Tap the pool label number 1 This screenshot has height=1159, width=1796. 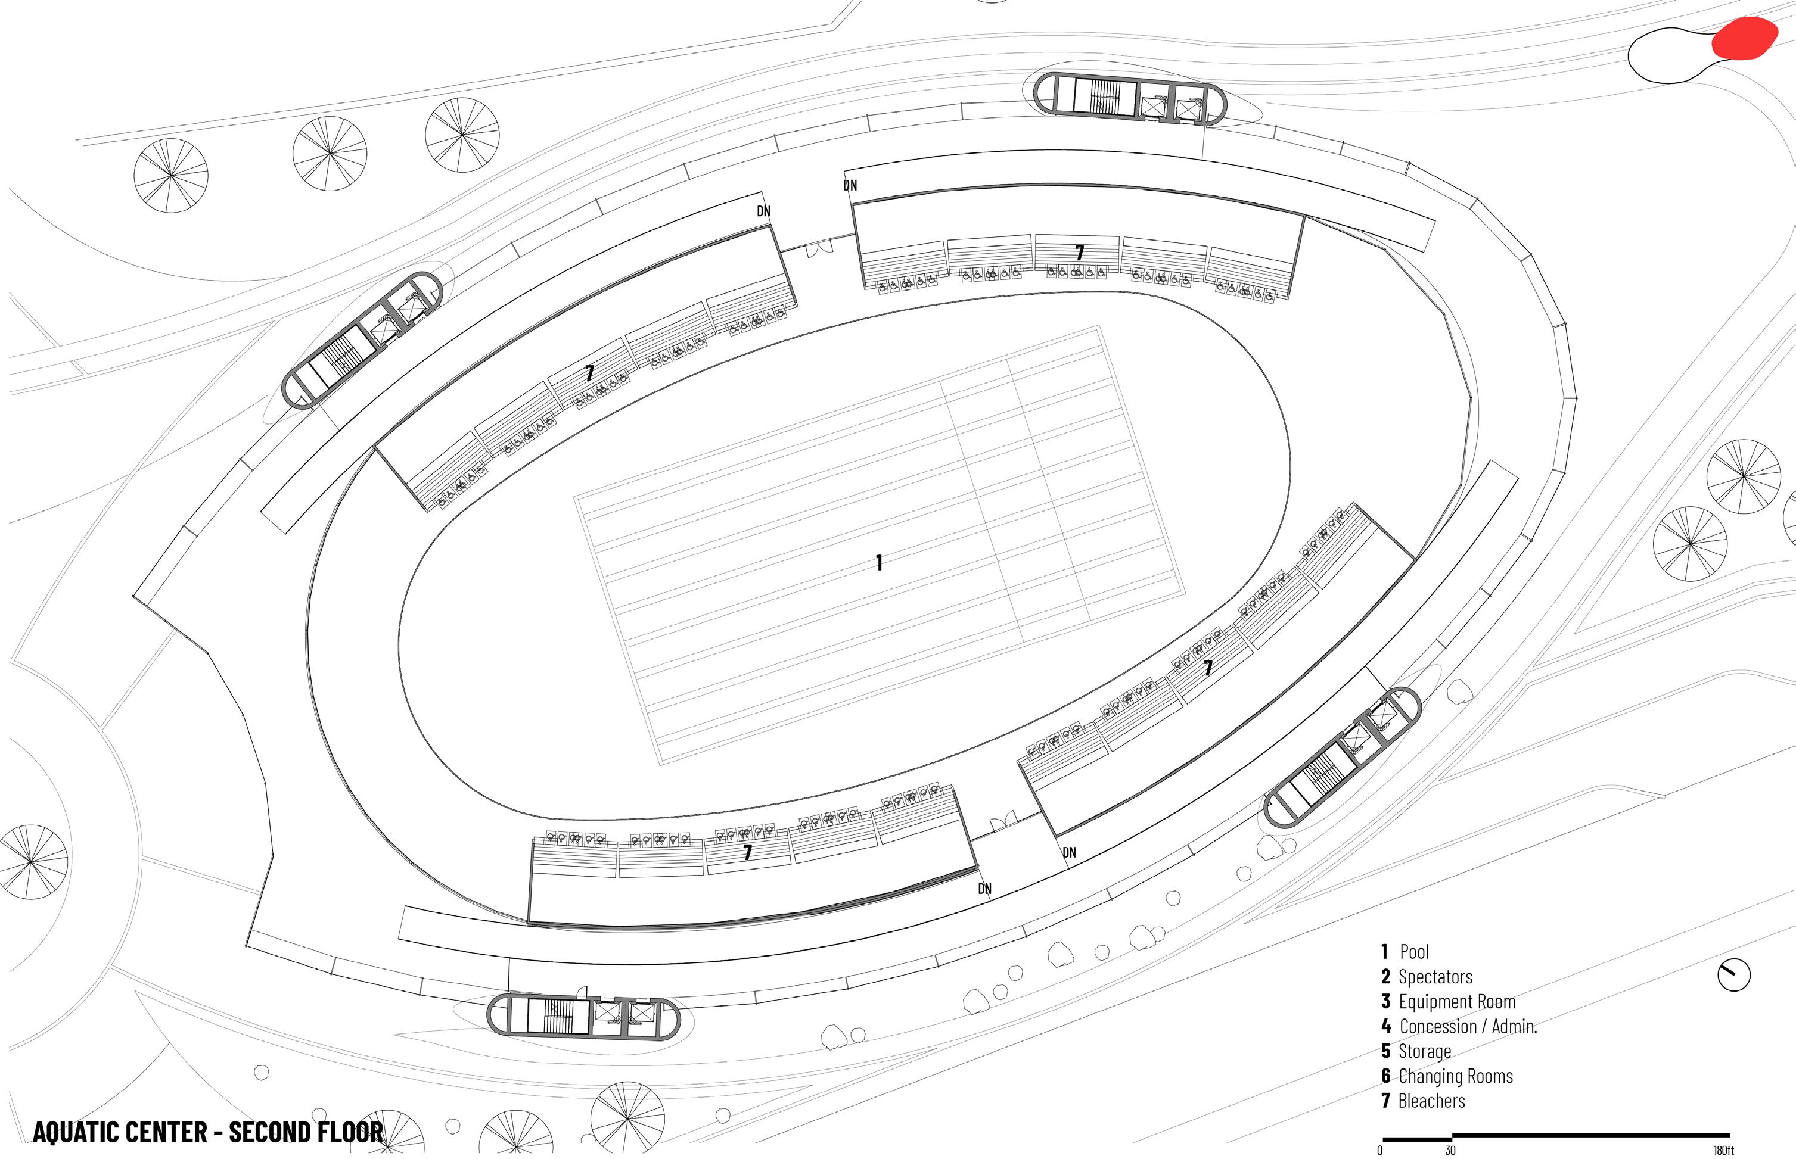click(x=879, y=562)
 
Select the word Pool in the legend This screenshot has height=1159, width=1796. click(x=1413, y=952)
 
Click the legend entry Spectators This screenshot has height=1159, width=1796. click(x=1434, y=977)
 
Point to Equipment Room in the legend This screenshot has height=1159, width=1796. click(x=1456, y=1002)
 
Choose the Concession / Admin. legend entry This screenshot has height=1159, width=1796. click(x=1468, y=1027)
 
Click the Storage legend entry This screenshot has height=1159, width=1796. click(x=1424, y=1051)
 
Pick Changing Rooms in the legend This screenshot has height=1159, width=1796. click(x=1455, y=1076)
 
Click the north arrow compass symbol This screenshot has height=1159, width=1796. click(x=1733, y=976)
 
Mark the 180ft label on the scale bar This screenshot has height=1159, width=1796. click(x=1723, y=1151)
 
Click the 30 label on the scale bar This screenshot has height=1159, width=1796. click(x=1450, y=1151)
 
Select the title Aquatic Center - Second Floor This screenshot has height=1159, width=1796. click(x=208, y=1132)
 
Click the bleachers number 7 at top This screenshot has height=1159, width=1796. click(x=1079, y=253)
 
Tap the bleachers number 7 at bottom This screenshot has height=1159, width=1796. click(x=747, y=853)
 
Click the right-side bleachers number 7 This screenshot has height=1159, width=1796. click(x=1207, y=668)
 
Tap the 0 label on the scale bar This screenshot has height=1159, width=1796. click(x=1379, y=1151)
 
